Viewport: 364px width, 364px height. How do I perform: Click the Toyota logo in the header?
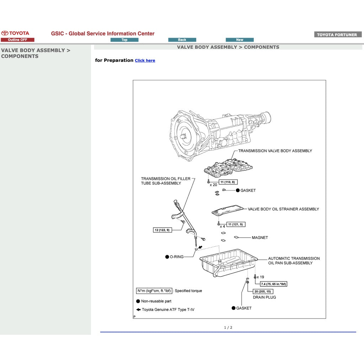[x=15, y=33]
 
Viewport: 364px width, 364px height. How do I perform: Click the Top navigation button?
[x=124, y=40]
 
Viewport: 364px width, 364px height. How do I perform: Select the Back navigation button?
[x=182, y=40]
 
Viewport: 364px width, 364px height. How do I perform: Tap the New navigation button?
[x=240, y=40]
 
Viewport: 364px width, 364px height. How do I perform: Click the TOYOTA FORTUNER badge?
[x=337, y=35]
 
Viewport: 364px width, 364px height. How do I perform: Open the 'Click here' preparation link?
[x=145, y=60]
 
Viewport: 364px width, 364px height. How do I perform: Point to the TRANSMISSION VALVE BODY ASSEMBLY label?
[x=275, y=151]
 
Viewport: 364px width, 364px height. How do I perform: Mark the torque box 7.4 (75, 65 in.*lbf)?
[x=273, y=284]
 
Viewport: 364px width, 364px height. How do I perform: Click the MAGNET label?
[x=260, y=237]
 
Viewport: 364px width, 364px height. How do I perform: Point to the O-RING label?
[x=176, y=257]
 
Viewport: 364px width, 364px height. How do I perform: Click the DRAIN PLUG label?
[x=264, y=297]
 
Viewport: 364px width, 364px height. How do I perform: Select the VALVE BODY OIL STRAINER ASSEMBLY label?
[x=283, y=209]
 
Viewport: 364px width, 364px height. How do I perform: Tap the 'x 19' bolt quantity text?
[x=261, y=277]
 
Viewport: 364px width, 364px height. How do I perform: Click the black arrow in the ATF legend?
[x=138, y=309]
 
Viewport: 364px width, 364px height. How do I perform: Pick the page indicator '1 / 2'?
[x=228, y=327]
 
